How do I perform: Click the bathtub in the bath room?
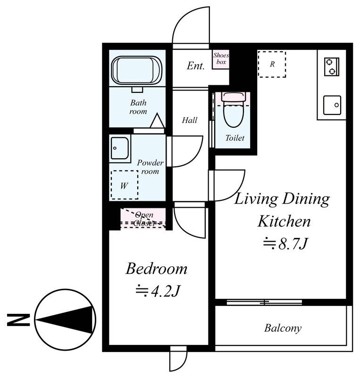pyautogui.click(x=136, y=70)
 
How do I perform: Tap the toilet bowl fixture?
pyautogui.click(x=234, y=110)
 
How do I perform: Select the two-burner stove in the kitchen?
pyautogui.click(x=332, y=66)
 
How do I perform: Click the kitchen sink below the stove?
pyautogui.click(x=332, y=105)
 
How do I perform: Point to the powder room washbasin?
pyautogui.click(x=120, y=148)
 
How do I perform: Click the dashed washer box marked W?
pyautogui.click(x=125, y=185)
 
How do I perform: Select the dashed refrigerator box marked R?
pyautogui.click(x=272, y=64)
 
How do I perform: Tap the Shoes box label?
pyautogui.click(x=221, y=58)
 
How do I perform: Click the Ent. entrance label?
pyautogui.click(x=195, y=66)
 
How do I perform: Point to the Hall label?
pyautogui.click(x=190, y=120)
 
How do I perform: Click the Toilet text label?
pyautogui.click(x=235, y=138)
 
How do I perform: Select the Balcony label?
pyautogui.click(x=283, y=328)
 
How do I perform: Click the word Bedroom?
pyautogui.click(x=156, y=269)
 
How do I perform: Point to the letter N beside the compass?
pyautogui.click(x=18, y=320)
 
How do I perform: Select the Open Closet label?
pyautogui.click(x=144, y=219)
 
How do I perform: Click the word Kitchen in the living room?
pyautogui.click(x=284, y=221)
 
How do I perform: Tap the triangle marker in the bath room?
pyautogui.click(x=157, y=121)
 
